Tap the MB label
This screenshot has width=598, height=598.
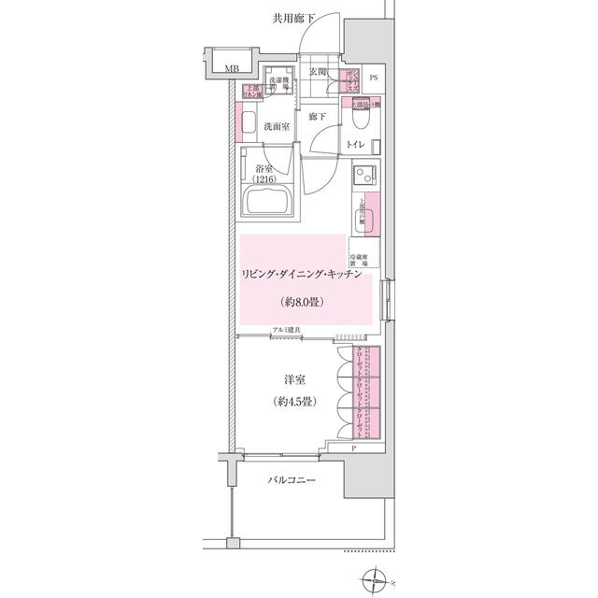point(231,67)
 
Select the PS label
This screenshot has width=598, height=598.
point(374,78)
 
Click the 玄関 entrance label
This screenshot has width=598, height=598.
point(317,72)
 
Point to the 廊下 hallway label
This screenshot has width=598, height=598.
point(316,117)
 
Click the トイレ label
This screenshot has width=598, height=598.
point(355,145)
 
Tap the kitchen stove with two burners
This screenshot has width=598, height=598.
point(365,173)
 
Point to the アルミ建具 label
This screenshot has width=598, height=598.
point(286,331)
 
